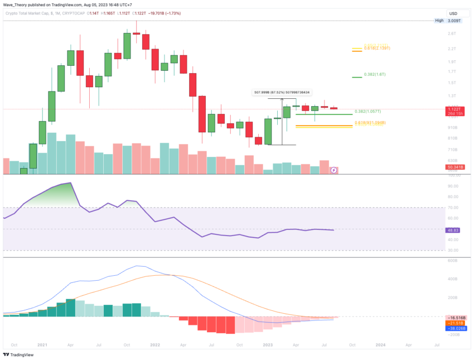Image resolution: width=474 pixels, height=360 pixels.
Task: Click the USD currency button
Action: pos(454,13)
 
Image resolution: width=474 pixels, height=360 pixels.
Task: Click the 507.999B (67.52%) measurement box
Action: pos(282,92)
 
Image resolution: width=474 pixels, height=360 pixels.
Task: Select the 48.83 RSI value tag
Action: pos(452,229)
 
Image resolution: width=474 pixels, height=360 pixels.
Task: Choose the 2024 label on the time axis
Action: pos(380,345)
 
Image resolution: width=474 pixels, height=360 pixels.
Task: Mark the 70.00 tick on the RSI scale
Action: pos(452,208)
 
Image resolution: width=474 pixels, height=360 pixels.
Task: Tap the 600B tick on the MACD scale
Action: pos(452,261)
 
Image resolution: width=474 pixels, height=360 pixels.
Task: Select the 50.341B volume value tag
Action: pos(452,166)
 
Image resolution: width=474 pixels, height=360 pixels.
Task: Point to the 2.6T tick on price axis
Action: pos(452,33)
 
